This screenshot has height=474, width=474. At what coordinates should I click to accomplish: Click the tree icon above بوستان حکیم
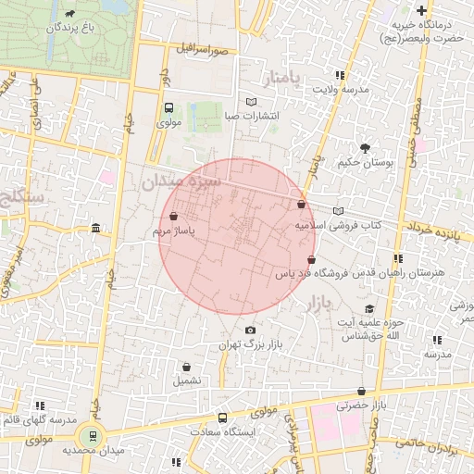click(365, 147)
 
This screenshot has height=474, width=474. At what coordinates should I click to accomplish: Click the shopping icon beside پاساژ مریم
click(174, 218)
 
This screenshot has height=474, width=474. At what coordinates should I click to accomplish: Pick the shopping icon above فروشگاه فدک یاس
click(310, 260)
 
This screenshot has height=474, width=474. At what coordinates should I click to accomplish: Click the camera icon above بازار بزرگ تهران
click(250, 331)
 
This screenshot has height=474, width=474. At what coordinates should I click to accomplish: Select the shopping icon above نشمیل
click(186, 367)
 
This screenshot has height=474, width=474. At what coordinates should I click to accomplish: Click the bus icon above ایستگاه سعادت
click(221, 417)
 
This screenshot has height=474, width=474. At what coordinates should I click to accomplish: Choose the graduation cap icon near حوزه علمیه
click(369, 309)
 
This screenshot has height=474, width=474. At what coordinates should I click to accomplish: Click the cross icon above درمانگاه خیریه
click(422, 9)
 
